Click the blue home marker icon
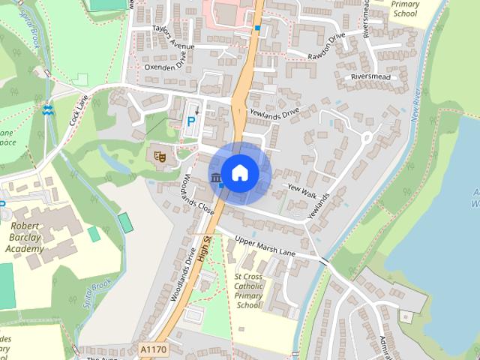240,172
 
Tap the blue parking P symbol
192,120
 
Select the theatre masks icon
159,156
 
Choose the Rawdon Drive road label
326,46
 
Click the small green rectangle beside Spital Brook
125,222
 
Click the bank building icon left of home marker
217,178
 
